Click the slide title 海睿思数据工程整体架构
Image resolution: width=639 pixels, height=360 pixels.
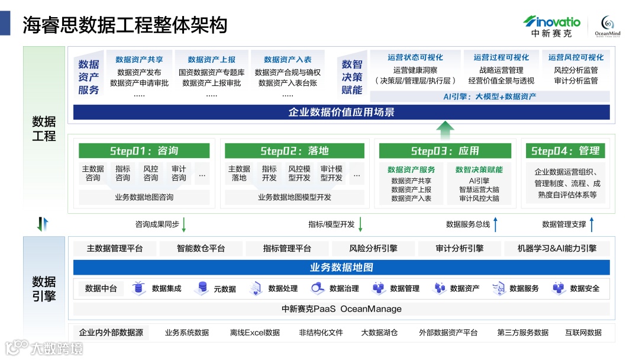[x=125, y=25]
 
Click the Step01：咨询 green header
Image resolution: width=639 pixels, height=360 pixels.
[x=144, y=151]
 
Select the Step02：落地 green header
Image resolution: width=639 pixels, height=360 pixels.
[x=294, y=151]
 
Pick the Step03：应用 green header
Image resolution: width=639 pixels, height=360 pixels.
[x=445, y=151]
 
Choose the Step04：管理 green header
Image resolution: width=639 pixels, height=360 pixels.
[x=565, y=151]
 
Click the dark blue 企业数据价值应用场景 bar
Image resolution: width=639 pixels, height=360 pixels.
[x=341, y=112]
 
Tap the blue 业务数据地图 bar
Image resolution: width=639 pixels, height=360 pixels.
[x=341, y=268]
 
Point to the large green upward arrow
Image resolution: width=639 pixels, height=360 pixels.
[x=446, y=130]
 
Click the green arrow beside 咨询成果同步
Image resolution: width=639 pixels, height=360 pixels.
[x=184, y=224]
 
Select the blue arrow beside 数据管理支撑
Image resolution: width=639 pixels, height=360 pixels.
[x=591, y=224]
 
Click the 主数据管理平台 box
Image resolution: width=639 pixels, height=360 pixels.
[x=115, y=249]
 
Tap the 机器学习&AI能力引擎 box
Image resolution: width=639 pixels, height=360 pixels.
[x=557, y=249]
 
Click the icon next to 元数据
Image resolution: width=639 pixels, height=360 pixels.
[x=202, y=288]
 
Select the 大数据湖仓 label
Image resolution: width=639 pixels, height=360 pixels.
[x=379, y=333]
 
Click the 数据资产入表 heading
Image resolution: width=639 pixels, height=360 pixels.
[x=288, y=60]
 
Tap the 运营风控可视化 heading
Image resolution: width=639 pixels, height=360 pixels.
[x=576, y=57]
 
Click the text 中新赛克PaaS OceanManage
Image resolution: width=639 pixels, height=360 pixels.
[x=341, y=308]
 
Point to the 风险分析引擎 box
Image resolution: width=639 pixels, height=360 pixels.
[x=373, y=249]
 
